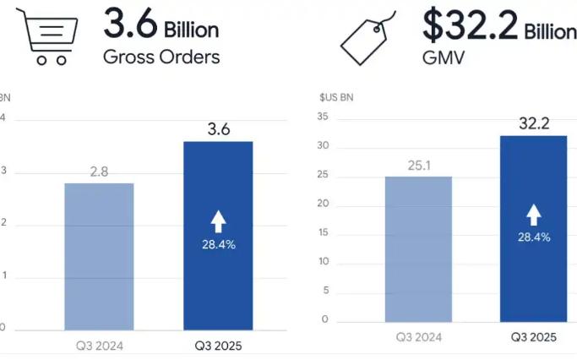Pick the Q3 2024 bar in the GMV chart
click(x=418, y=249)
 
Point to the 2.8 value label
click(x=99, y=172)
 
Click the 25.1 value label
click(x=418, y=165)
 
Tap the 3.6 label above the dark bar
click(x=218, y=129)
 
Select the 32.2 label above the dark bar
click(x=534, y=123)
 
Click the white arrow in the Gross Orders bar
click(x=218, y=221)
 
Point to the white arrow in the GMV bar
click(x=534, y=214)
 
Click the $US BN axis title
click(x=336, y=97)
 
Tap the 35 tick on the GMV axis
click(x=323, y=118)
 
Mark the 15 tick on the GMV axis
click(x=323, y=233)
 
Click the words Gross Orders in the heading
click(x=161, y=57)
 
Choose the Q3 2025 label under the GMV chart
click(x=534, y=337)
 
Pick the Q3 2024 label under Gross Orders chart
click(x=99, y=345)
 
